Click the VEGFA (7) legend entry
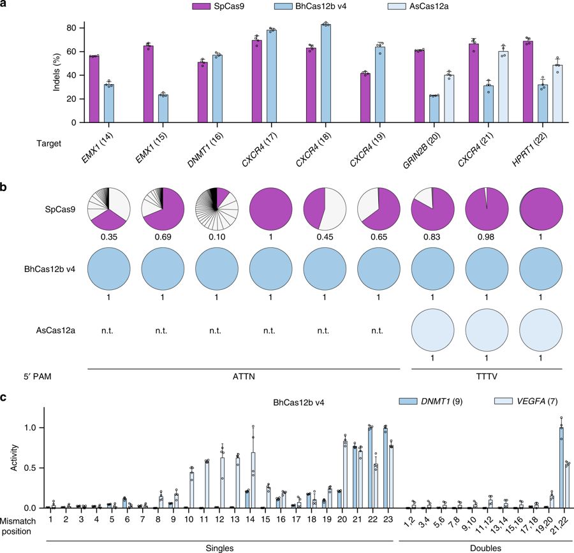(x=520, y=400)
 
